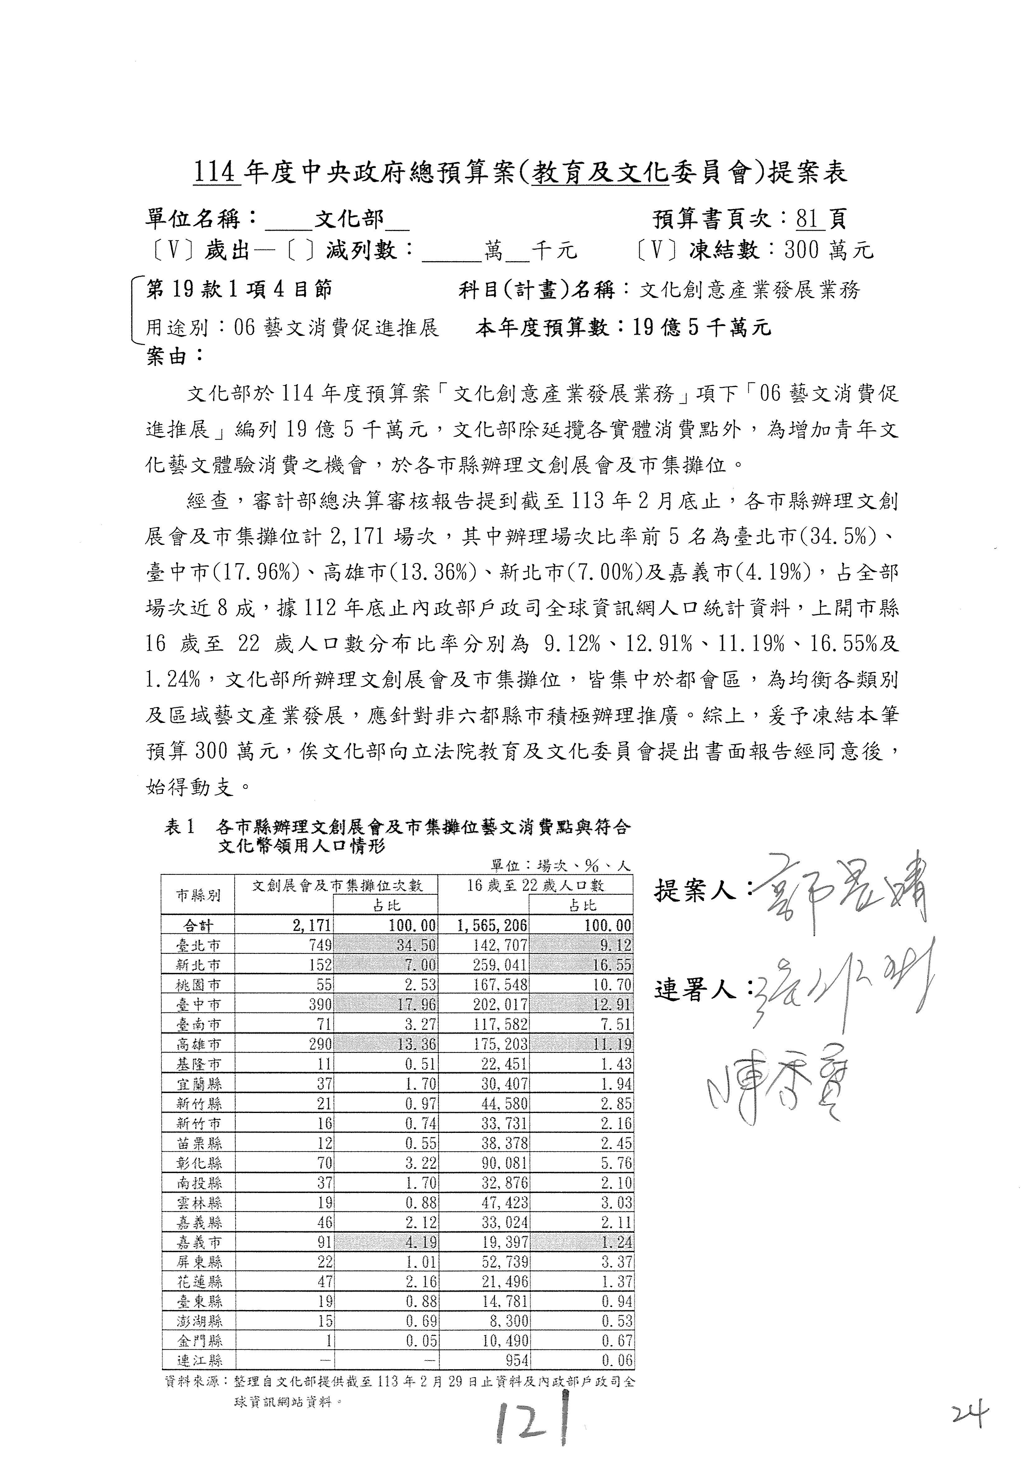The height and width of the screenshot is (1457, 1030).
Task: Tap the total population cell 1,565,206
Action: (x=492, y=925)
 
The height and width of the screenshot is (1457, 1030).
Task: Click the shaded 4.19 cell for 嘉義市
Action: (x=419, y=1242)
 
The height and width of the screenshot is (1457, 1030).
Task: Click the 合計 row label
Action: (x=198, y=925)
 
